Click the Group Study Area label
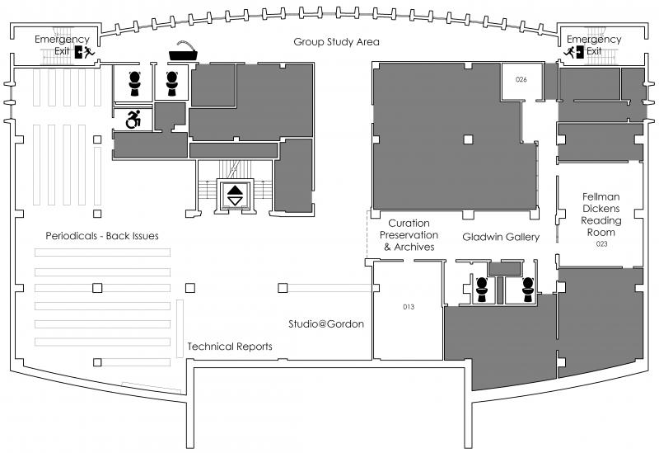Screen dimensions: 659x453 coord(336,42)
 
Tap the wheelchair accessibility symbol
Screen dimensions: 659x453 coord(133,119)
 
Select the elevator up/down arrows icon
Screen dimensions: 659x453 coord(235,196)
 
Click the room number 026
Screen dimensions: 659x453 coord(521,79)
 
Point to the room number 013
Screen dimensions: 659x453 coord(409,307)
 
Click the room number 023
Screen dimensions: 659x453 coord(601,243)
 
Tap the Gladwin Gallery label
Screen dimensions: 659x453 coord(501,237)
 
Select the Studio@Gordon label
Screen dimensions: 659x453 coord(326,323)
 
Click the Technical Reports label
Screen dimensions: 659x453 coord(230,347)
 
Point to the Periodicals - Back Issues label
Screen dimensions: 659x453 coord(102,236)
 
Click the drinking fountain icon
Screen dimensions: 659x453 coord(183,51)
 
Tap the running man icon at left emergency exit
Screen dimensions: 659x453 coord(88,52)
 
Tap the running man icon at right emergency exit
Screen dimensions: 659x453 coord(569,52)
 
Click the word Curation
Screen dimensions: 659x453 coord(409,223)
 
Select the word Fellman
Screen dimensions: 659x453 coord(601,196)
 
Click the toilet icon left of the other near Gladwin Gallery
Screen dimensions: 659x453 coord(482,290)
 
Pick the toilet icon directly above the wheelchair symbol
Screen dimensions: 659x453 coord(134,83)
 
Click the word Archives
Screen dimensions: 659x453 coord(414,248)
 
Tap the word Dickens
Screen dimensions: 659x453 coord(601,209)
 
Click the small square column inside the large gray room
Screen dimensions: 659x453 coord(468,139)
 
